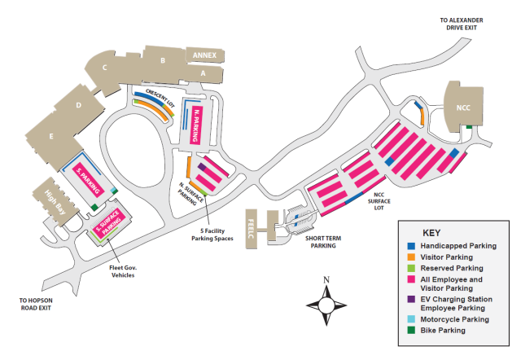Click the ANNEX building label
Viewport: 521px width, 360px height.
pyautogui.click(x=204, y=55)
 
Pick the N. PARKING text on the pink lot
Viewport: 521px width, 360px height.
pyautogui.click(x=195, y=124)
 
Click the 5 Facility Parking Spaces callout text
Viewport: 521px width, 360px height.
pyautogui.click(x=212, y=234)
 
